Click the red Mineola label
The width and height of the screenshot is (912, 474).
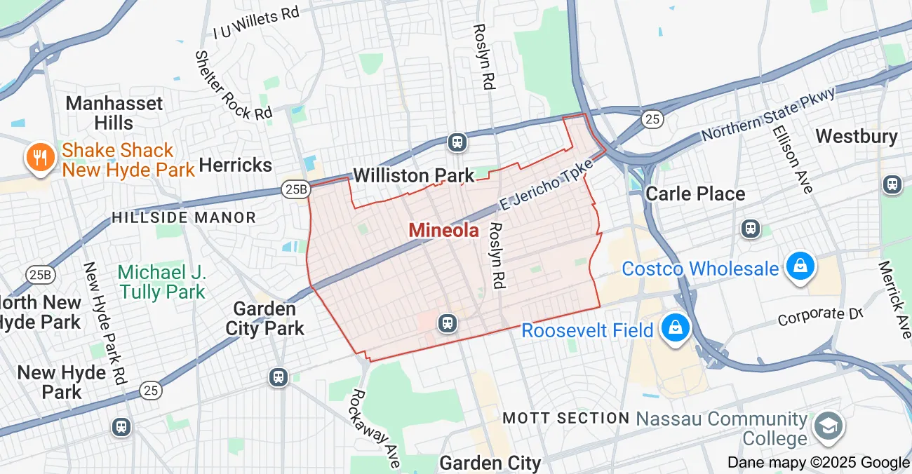click(443, 230)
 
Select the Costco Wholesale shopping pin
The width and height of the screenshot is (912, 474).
click(799, 267)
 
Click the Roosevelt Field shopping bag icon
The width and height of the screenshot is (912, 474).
click(675, 328)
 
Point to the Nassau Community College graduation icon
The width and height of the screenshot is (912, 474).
click(828, 426)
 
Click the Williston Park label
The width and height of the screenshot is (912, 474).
click(414, 175)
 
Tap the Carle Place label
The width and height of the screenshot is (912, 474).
click(695, 194)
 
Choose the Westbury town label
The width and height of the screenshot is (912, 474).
click(857, 136)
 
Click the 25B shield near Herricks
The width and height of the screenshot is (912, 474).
click(296, 188)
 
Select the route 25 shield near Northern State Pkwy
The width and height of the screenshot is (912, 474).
click(652, 120)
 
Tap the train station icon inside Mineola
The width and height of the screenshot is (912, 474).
click(447, 323)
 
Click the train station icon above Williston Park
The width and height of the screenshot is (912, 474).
click(457, 142)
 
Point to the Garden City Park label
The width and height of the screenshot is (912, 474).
click(265, 318)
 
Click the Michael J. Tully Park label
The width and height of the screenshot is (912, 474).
click(162, 282)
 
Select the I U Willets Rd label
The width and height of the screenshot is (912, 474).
click(256, 23)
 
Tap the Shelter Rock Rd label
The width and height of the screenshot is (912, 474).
click(233, 85)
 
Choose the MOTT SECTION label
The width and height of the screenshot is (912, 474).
click(566, 419)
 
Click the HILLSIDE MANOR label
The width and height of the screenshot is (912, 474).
click(184, 217)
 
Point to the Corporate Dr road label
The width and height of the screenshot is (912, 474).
click(819, 316)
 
